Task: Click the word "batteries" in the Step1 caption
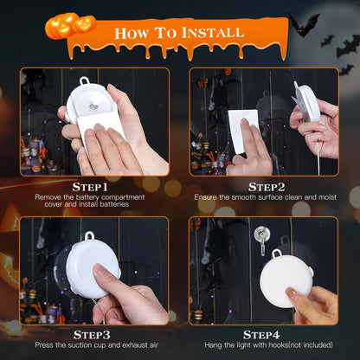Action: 129,205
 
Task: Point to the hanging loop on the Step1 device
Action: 84,84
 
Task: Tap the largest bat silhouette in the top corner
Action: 304,23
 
